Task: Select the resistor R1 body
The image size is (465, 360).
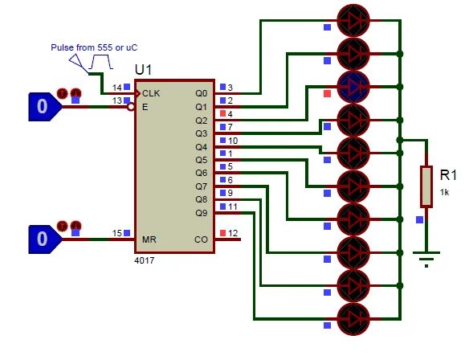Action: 426,186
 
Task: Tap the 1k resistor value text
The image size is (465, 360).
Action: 444,192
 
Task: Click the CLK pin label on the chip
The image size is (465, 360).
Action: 151,93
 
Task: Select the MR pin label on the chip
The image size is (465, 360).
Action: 149,239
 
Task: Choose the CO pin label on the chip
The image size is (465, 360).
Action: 201,239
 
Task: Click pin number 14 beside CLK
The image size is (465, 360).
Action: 117,88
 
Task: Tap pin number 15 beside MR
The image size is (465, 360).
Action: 117,234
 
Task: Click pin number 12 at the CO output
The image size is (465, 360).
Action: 233,234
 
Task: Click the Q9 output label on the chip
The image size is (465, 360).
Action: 201,213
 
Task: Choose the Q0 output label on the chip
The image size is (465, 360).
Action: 201,93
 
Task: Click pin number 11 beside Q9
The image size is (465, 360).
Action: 231,207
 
